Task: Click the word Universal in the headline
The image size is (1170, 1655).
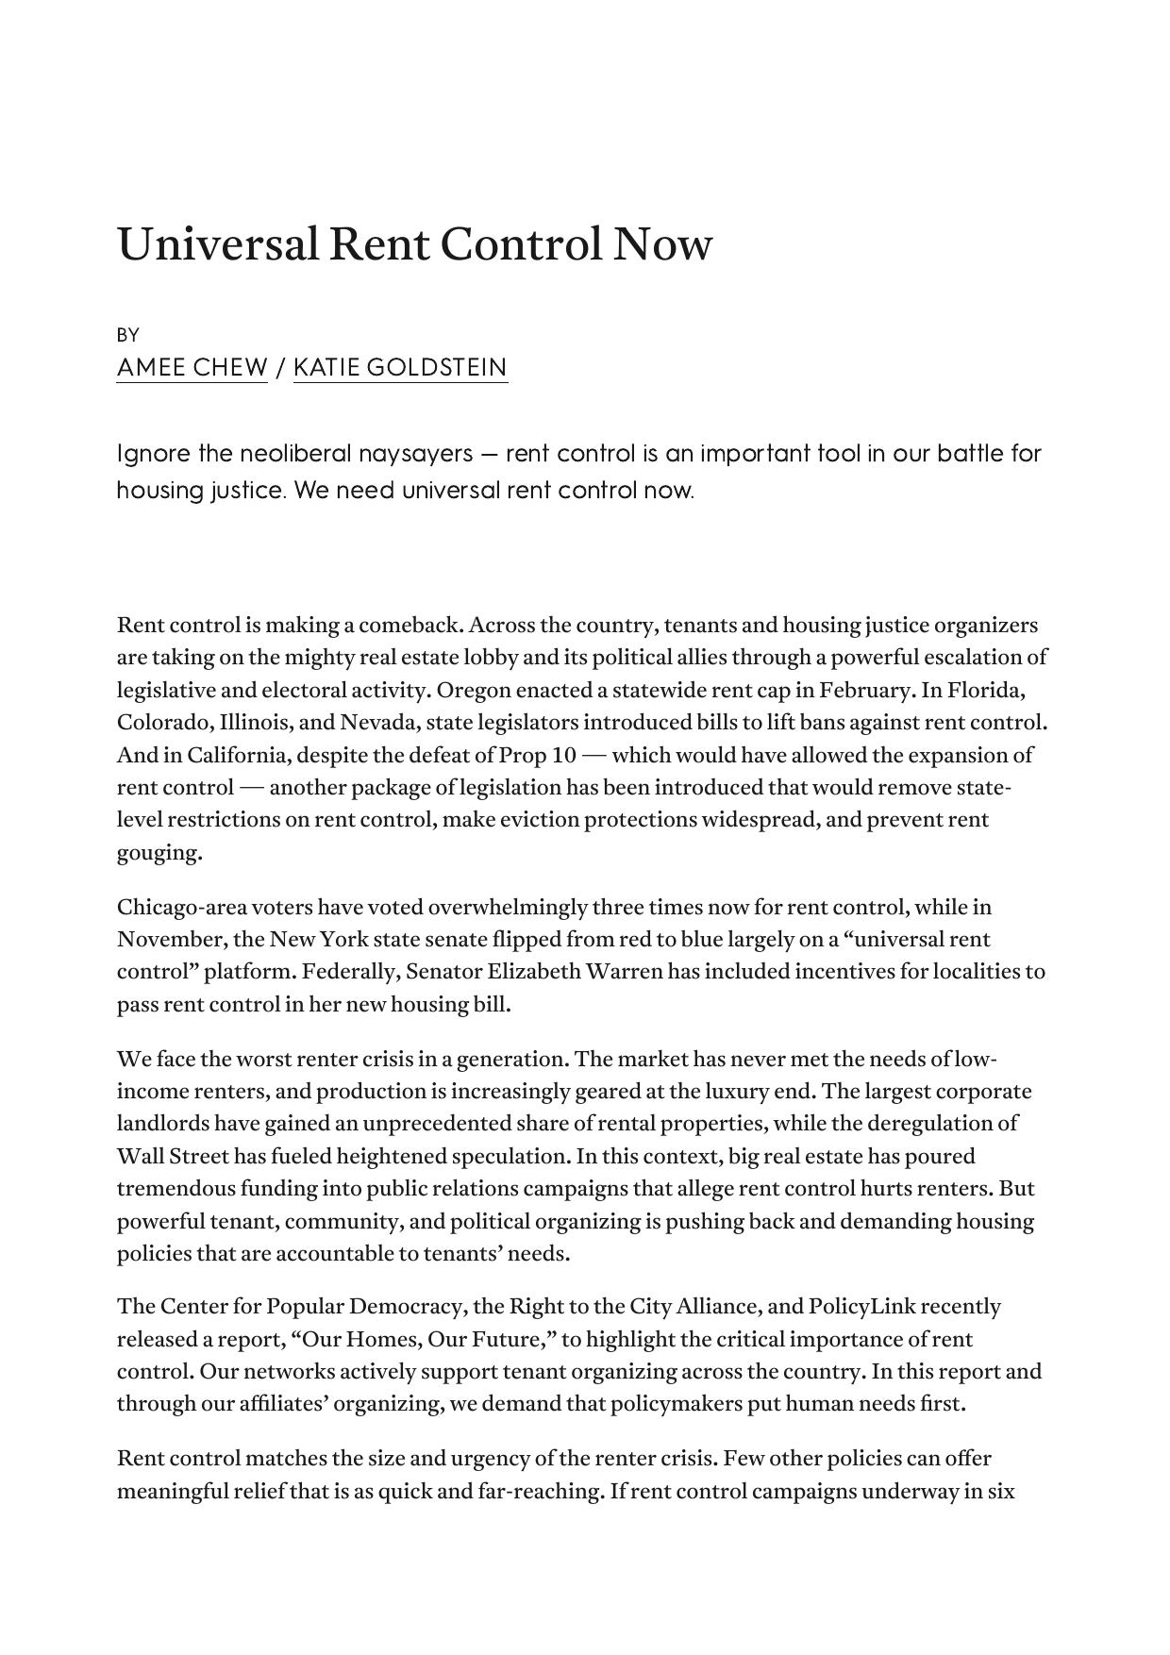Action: click(217, 244)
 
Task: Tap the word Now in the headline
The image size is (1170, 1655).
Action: click(662, 244)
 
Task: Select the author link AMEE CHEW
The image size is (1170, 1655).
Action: click(192, 367)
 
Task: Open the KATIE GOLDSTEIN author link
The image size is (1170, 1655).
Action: click(400, 367)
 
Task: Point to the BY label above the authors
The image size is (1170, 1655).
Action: click(128, 335)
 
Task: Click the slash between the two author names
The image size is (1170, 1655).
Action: click(280, 367)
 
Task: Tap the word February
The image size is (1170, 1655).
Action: click(866, 690)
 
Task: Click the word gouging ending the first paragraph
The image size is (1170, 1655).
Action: click(159, 853)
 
